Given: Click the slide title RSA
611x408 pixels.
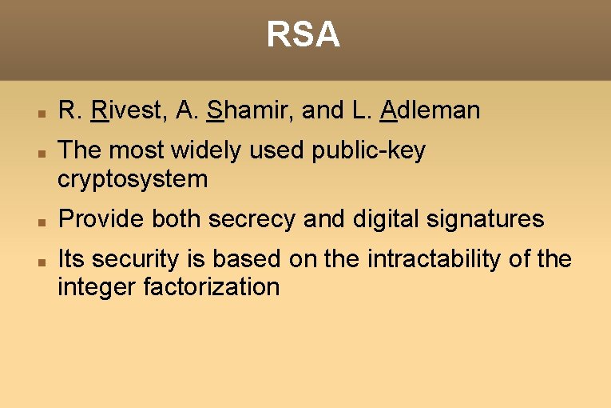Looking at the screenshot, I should [x=304, y=35].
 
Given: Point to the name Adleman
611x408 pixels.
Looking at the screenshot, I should [x=430, y=110].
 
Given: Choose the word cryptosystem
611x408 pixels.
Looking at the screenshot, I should [x=133, y=179].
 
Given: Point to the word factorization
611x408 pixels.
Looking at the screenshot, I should [x=212, y=287].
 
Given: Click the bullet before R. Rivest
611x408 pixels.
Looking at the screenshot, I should [x=42, y=113].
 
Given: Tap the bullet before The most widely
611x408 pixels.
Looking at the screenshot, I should [x=42, y=153].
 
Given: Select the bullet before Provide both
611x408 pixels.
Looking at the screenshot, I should [x=42, y=222].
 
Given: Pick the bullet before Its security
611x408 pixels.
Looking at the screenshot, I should [x=42, y=262].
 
